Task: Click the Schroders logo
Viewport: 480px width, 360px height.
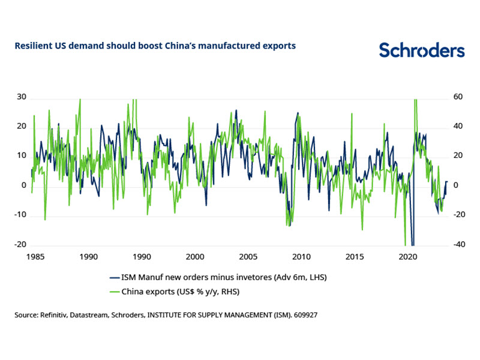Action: (x=421, y=50)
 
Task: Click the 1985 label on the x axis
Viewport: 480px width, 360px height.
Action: (x=35, y=257)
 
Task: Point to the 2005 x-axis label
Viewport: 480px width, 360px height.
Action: (x=248, y=257)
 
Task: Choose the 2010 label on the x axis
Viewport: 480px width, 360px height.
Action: (x=301, y=257)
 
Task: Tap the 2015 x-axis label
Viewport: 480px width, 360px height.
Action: (x=355, y=257)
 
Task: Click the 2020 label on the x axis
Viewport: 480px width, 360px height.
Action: (x=408, y=257)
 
